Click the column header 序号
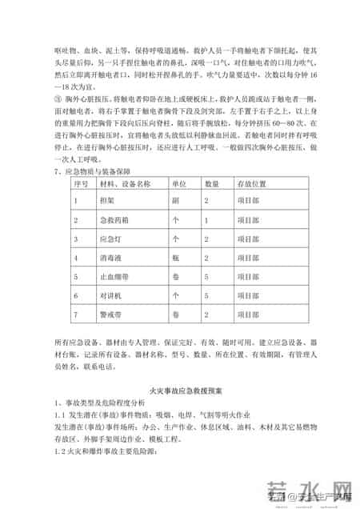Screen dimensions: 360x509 tap(80, 183)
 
